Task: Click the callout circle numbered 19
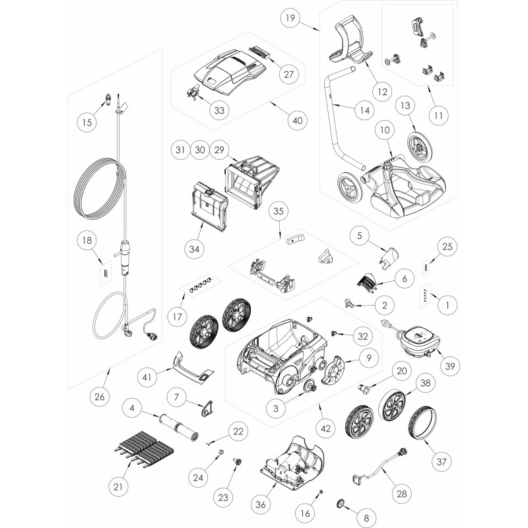click(290, 18)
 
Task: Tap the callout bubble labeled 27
click(288, 74)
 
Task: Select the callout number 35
click(279, 211)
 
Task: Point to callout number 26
click(100, 397)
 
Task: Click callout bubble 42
click(325, 428)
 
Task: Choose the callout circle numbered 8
click(366, 518)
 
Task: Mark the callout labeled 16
click(305, 513)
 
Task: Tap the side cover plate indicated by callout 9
click(333, 370)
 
